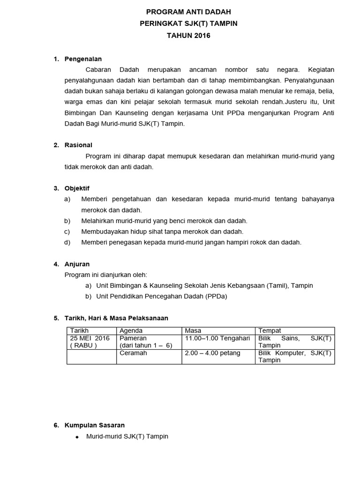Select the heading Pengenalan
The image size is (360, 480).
pos(83,59)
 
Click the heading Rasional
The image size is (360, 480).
pos(78,145)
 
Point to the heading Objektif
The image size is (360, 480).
pos(77,188)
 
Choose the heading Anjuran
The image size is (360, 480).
pos(77,264)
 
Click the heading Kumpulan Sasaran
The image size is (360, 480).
pos(95,425)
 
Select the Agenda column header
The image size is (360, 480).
pos(131,331)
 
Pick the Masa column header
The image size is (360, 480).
pos(193,331)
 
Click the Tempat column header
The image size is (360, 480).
pos(270,331)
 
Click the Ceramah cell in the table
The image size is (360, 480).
pos(133,353)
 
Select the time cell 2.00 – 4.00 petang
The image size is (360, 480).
pos(212,353)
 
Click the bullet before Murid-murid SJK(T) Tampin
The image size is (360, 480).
pos(77,437)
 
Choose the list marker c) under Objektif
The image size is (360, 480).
pos(67,232)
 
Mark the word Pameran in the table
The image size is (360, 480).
pos(133,338)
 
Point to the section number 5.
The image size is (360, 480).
pos(56,318)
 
